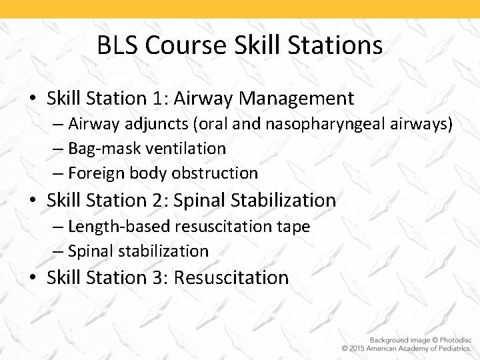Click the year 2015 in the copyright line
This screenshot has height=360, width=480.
pos(363,349)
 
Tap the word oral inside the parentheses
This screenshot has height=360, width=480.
pos(217,123)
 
